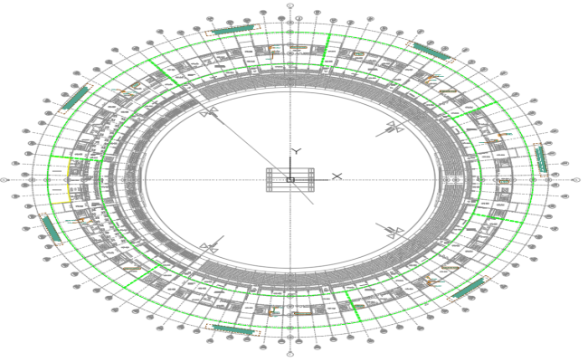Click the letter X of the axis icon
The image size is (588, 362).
[337, 176]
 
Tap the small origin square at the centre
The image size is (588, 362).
[289, 180]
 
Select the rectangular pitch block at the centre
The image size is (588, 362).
[289, 180]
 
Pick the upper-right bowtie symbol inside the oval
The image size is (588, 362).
[394, 128]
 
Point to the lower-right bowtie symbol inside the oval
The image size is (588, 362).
[393, 231]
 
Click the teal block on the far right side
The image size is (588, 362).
[540, 159]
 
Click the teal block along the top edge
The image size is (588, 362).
[232, 30]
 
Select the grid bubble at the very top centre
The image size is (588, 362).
[289, 5]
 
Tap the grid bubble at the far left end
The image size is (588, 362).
[5, 180]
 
